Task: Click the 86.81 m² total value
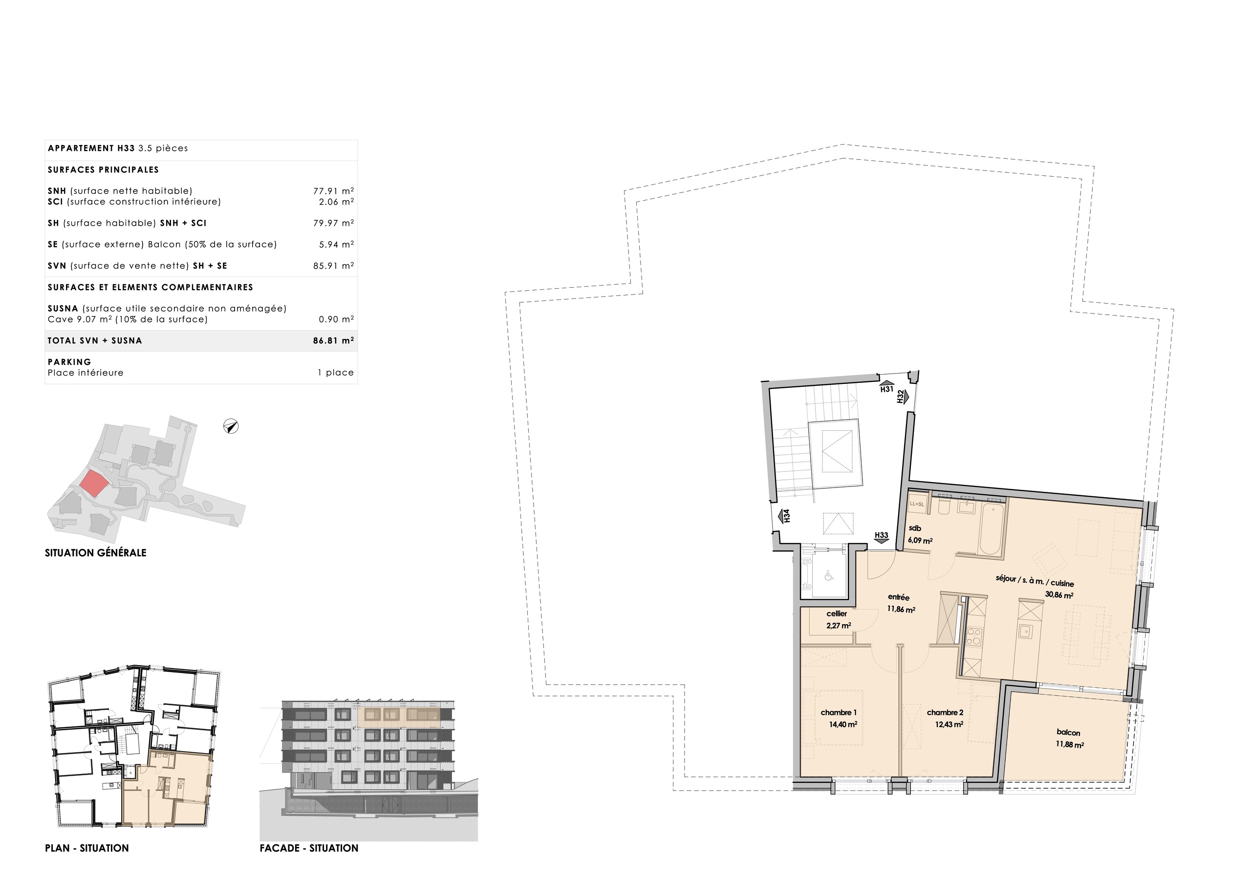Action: [333, 341]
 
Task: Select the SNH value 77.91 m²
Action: [333, 191]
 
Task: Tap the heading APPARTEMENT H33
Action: [91, 148]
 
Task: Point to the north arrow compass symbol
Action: [231, 426]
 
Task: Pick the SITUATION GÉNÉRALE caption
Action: [95, 553]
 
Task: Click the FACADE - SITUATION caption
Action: [309, 848]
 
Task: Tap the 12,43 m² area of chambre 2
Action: [949, 724]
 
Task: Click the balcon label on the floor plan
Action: [1068, 733]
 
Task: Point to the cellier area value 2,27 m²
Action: [839, 626]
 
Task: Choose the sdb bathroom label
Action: [915, 528]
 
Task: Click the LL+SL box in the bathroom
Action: [917, 504]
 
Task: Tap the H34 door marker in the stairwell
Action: [785, 516]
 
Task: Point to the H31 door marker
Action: [886, 387]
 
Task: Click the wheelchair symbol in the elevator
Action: [829, 575]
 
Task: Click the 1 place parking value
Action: [336, 373]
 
